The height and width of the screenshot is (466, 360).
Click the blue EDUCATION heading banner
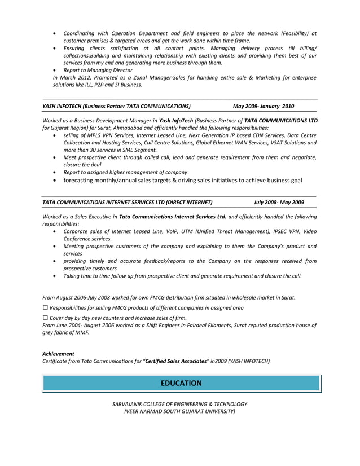click(x=181, y=383)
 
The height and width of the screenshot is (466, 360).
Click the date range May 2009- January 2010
click(x=263, y=106)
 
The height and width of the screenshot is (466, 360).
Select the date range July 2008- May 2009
click(x=279, y=202)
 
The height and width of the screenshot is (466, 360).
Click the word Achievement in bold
click(x=58, y=354)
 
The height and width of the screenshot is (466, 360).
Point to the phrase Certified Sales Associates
click(x=177, y=361)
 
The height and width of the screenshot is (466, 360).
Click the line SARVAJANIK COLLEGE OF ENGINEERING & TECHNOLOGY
click(x=180, y=404)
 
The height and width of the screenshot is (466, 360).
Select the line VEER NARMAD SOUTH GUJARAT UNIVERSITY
click(x=180, y=411)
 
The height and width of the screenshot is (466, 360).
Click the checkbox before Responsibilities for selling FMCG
click(x=45, y=308)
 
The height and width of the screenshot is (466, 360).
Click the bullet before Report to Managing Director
click(x=54, y=70)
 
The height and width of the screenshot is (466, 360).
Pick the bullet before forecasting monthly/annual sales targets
click(x=54, y=181)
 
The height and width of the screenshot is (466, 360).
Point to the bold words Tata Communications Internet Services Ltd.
click(x=173, y=216)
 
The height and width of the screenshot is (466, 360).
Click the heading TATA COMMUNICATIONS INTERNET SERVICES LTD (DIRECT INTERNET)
click(x=128, y=202)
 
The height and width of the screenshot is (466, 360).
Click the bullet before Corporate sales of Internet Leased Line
click(x=54, y=231)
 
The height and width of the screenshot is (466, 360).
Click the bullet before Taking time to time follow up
click(x=54, y=276)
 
